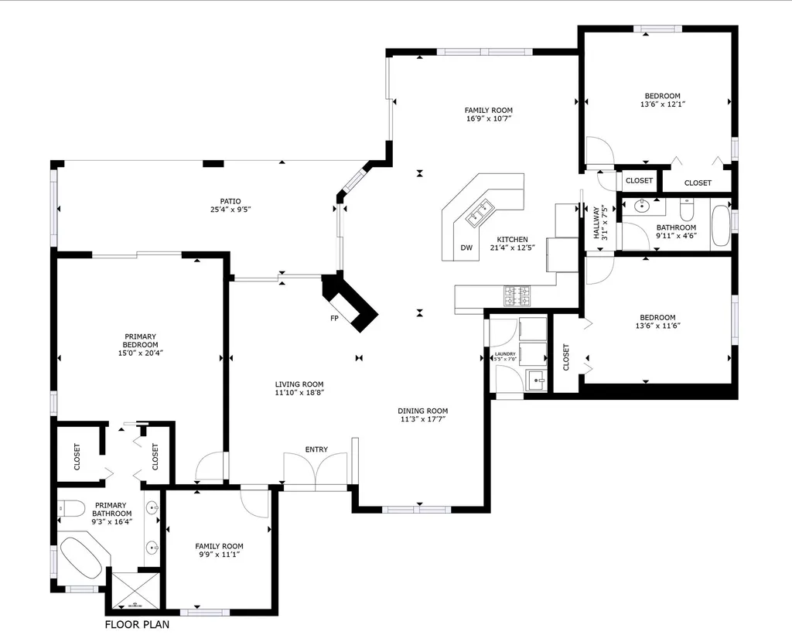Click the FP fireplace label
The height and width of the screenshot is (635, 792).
pos(334,318)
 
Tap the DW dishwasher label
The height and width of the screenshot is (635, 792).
pos(466,248)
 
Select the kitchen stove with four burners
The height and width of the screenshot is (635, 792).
pos(517,296)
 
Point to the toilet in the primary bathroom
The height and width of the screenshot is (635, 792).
pos(70,508)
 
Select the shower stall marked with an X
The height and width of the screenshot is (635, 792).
pos(135,591)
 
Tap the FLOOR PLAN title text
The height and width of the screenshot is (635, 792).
pos(138,624)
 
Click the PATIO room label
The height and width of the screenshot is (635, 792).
pos(230,201)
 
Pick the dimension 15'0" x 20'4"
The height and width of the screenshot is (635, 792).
pos(141,353)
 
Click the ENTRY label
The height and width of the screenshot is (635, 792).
pos(316,449)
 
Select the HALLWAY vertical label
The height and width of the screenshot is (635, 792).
pos(596,223)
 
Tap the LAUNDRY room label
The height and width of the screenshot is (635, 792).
pos(505,353)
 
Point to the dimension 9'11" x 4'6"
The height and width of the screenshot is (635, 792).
pos(676,235)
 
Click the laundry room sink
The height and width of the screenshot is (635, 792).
pos(536,380)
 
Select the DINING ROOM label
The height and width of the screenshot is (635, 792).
pos(423,411)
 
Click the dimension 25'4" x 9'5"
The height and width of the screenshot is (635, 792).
pos(230,209)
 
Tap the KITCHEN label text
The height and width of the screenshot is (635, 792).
pos(512,240)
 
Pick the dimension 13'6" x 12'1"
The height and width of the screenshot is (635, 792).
pos(662,104)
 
